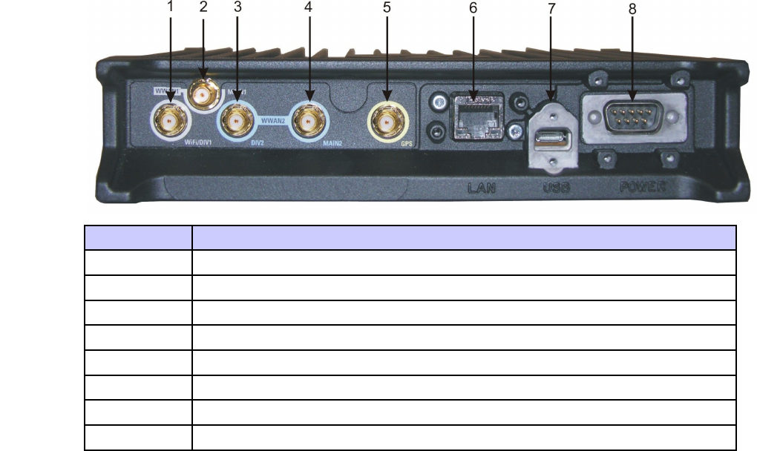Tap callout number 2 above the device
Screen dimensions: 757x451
click(203, 9)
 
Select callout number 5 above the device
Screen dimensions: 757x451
click(386, 9)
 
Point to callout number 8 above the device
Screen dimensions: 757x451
click(632, 10)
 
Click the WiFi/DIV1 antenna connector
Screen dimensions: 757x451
click(170, 119)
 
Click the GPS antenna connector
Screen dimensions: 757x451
click(387, 119)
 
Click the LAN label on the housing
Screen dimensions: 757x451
click(480, 188)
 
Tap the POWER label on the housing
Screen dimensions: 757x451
click(642, 188)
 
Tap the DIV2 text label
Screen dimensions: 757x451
click(256, 142)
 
